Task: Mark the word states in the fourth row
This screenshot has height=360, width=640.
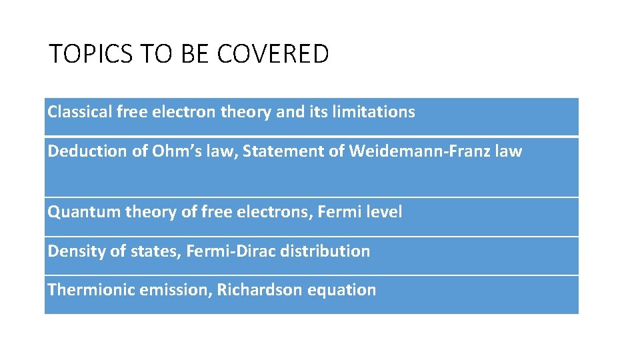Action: point(159,251)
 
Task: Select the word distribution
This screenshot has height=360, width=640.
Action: point(325,251)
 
